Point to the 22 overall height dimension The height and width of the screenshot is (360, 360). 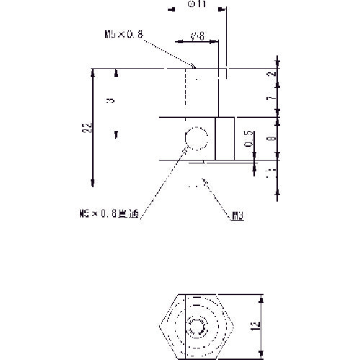(x=87, y=127)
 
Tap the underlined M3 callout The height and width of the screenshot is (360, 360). (x=238, y=215)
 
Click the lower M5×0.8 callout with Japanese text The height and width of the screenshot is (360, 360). (x=108, y=214)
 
